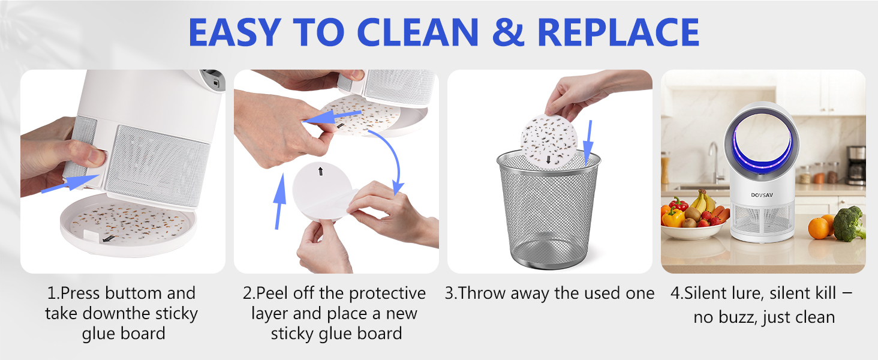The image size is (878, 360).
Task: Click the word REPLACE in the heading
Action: [618, 32]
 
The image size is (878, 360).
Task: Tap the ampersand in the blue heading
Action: [508, 32]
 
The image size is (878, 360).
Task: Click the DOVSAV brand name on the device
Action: [762, 195]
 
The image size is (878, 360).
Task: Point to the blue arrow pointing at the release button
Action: [71, 184]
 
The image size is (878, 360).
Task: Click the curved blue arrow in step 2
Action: [389, 159]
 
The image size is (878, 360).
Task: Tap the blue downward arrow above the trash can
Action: [588, 143]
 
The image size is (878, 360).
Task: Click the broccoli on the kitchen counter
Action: [849, 224]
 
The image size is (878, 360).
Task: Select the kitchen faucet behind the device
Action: [714, 163]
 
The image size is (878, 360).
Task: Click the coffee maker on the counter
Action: [856, 165]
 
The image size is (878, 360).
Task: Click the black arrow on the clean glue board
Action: [321, 171]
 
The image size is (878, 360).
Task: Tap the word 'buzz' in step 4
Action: [737, 317]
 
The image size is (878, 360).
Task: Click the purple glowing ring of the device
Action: [762, 147]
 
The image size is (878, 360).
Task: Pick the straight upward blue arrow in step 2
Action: [279, 201]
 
